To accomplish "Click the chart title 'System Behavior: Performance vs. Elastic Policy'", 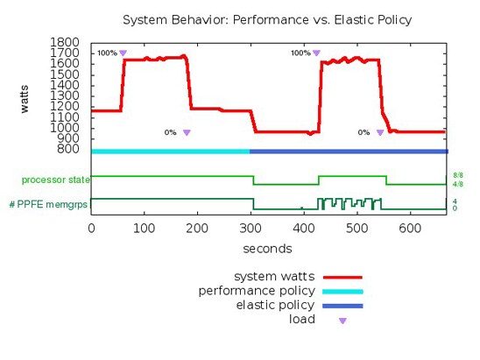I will pyautogui.click(x=265, y=18).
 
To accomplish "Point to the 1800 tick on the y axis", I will pyautogui.click(x=67, y=42).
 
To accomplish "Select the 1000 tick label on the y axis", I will pyautogui.click(x=67, y=127).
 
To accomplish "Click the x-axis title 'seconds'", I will pyautogui.click(x=267, y=248).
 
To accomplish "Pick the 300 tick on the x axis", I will pyautogui.click(x=251, y=228).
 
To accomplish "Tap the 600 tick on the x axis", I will pyautogui.click(x=409, y=228).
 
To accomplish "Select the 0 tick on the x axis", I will pyautogui.click(x=91, y=228).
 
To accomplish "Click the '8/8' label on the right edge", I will pyautogui.click(x=457, y=175).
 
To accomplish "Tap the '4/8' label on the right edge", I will pyautogui.click(x=457, y=185).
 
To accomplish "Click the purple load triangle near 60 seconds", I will pyautogui.click(x=123, y=53).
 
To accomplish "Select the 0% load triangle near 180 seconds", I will pyautogui.click(x=187, y=133).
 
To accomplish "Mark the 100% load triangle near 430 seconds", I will pyautogui.click(x=316, y=53).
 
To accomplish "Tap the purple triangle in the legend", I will pyautogui.click(x=342, y=321).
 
